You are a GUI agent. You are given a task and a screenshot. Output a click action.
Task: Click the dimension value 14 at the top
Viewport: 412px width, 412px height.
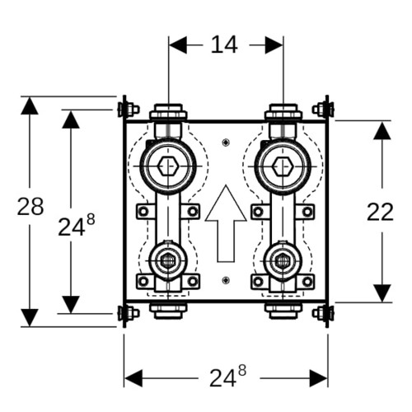224,44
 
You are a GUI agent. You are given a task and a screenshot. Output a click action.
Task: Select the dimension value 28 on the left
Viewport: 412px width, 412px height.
30,207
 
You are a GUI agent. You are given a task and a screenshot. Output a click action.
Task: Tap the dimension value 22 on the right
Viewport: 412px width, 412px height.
380,212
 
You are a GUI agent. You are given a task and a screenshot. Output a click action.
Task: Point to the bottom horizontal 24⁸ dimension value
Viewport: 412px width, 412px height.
227,377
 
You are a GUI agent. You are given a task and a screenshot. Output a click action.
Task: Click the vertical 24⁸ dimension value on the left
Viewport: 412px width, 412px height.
77,225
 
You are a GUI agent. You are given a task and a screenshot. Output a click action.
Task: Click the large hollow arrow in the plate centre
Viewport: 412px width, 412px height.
226,223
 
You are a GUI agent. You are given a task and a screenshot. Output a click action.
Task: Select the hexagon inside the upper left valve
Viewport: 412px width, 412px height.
168,166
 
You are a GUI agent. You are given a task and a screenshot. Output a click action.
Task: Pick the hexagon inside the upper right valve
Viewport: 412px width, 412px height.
283,166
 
